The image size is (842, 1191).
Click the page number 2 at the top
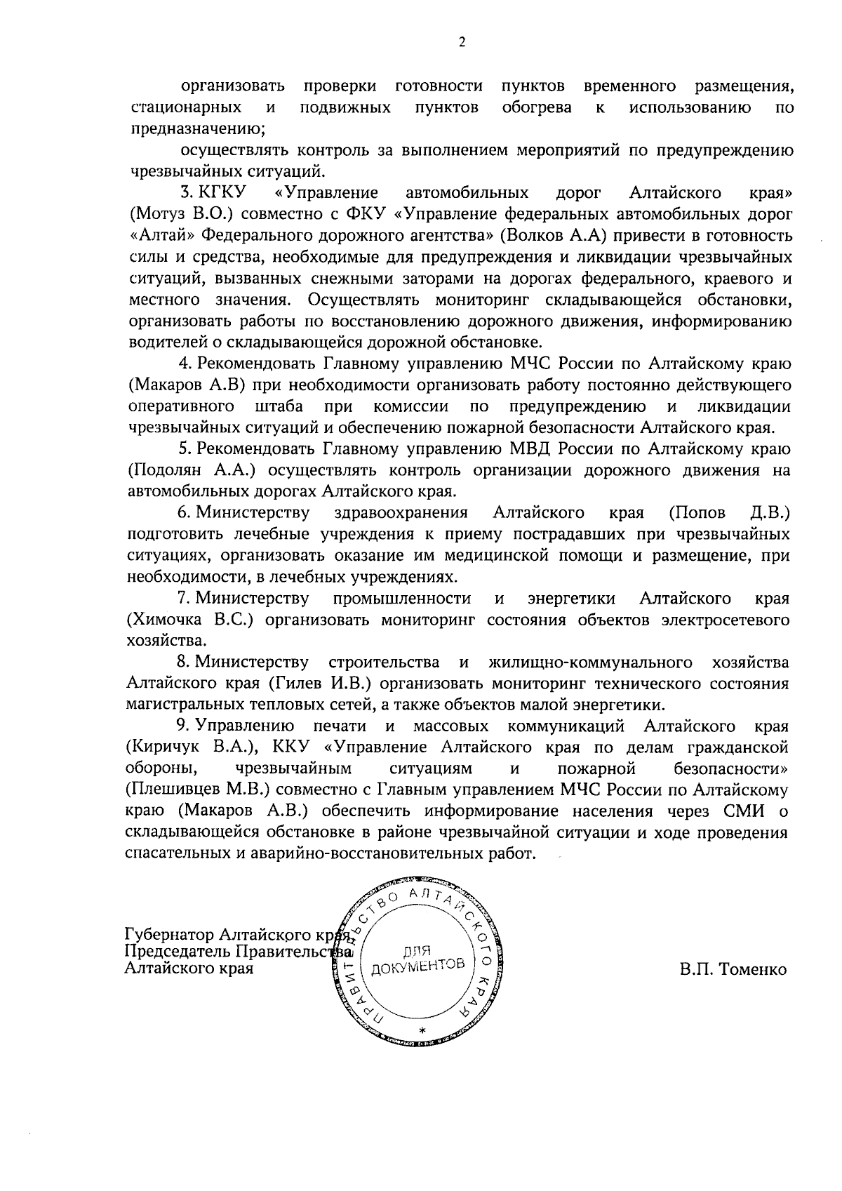point(462,42)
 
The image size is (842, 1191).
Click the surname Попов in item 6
point(697,512)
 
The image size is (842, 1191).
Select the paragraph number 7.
point(184,599)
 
